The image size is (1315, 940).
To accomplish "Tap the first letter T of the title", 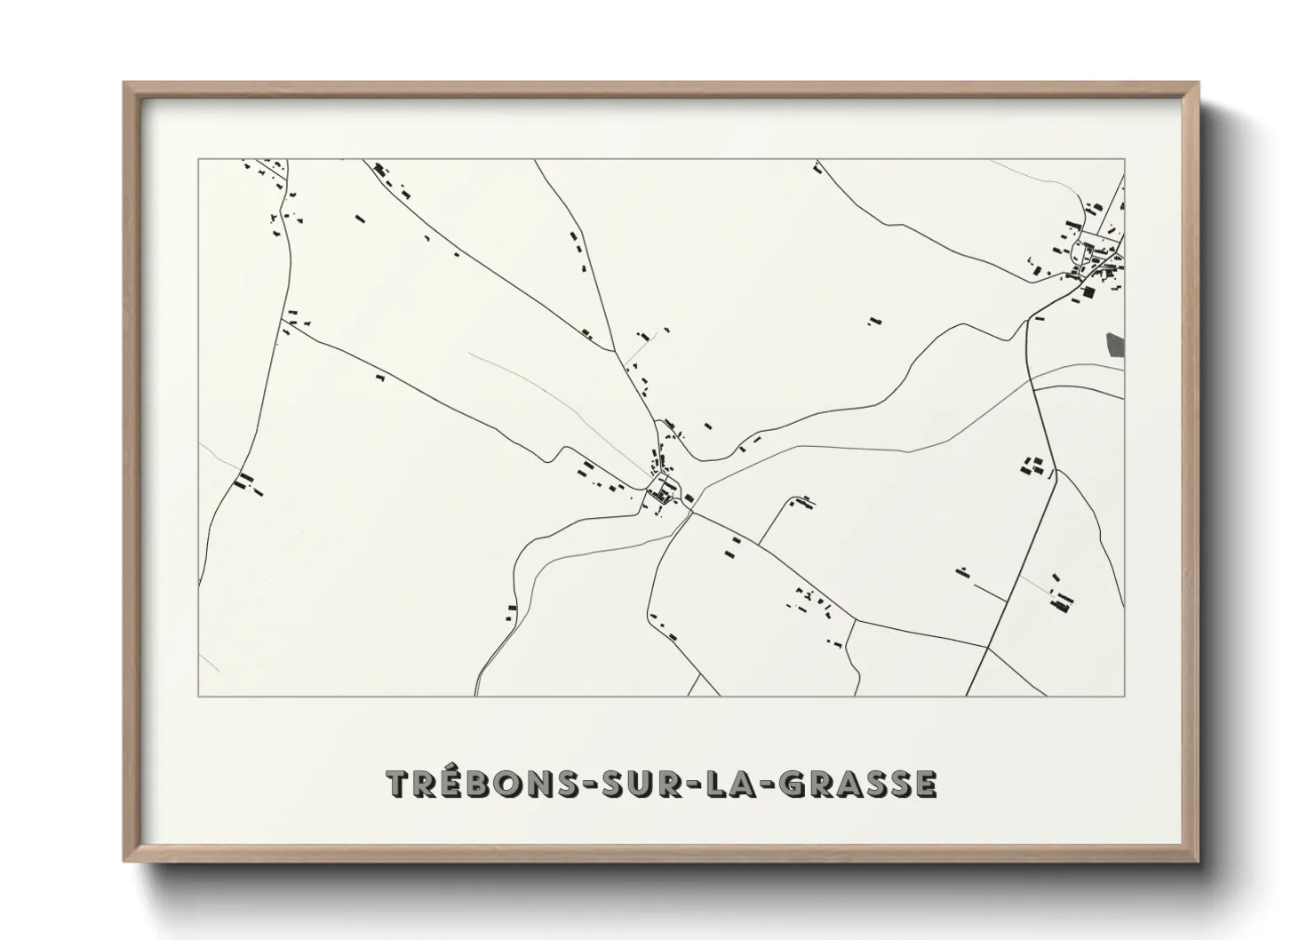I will coord(399,785).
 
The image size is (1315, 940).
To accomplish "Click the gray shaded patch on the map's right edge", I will coord(1115,347).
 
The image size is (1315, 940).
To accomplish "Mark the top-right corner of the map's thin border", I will coord(1125,159).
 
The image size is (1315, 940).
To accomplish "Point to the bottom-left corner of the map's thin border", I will coord(198,696).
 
